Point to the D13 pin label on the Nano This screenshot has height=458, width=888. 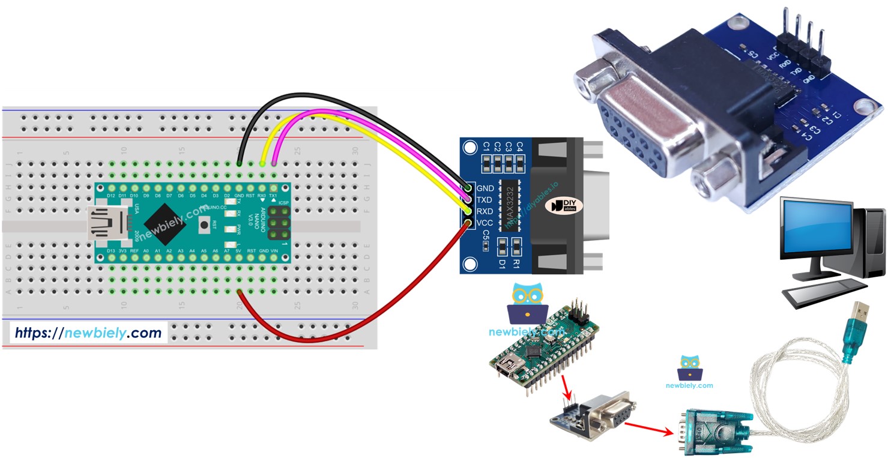click(x=111, y=250)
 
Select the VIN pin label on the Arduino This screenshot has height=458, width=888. click(x=274, y=250)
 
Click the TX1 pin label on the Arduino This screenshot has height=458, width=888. click(x=273, y=196)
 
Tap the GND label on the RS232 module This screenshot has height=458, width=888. click(x=485, y=188)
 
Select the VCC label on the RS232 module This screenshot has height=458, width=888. click(x=485, y=223)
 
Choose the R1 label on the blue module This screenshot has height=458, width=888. click(x=516, y=262)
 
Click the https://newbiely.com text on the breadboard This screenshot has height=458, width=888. click(x=88, y=333)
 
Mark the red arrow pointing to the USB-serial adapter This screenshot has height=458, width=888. click(x=648, y=427)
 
